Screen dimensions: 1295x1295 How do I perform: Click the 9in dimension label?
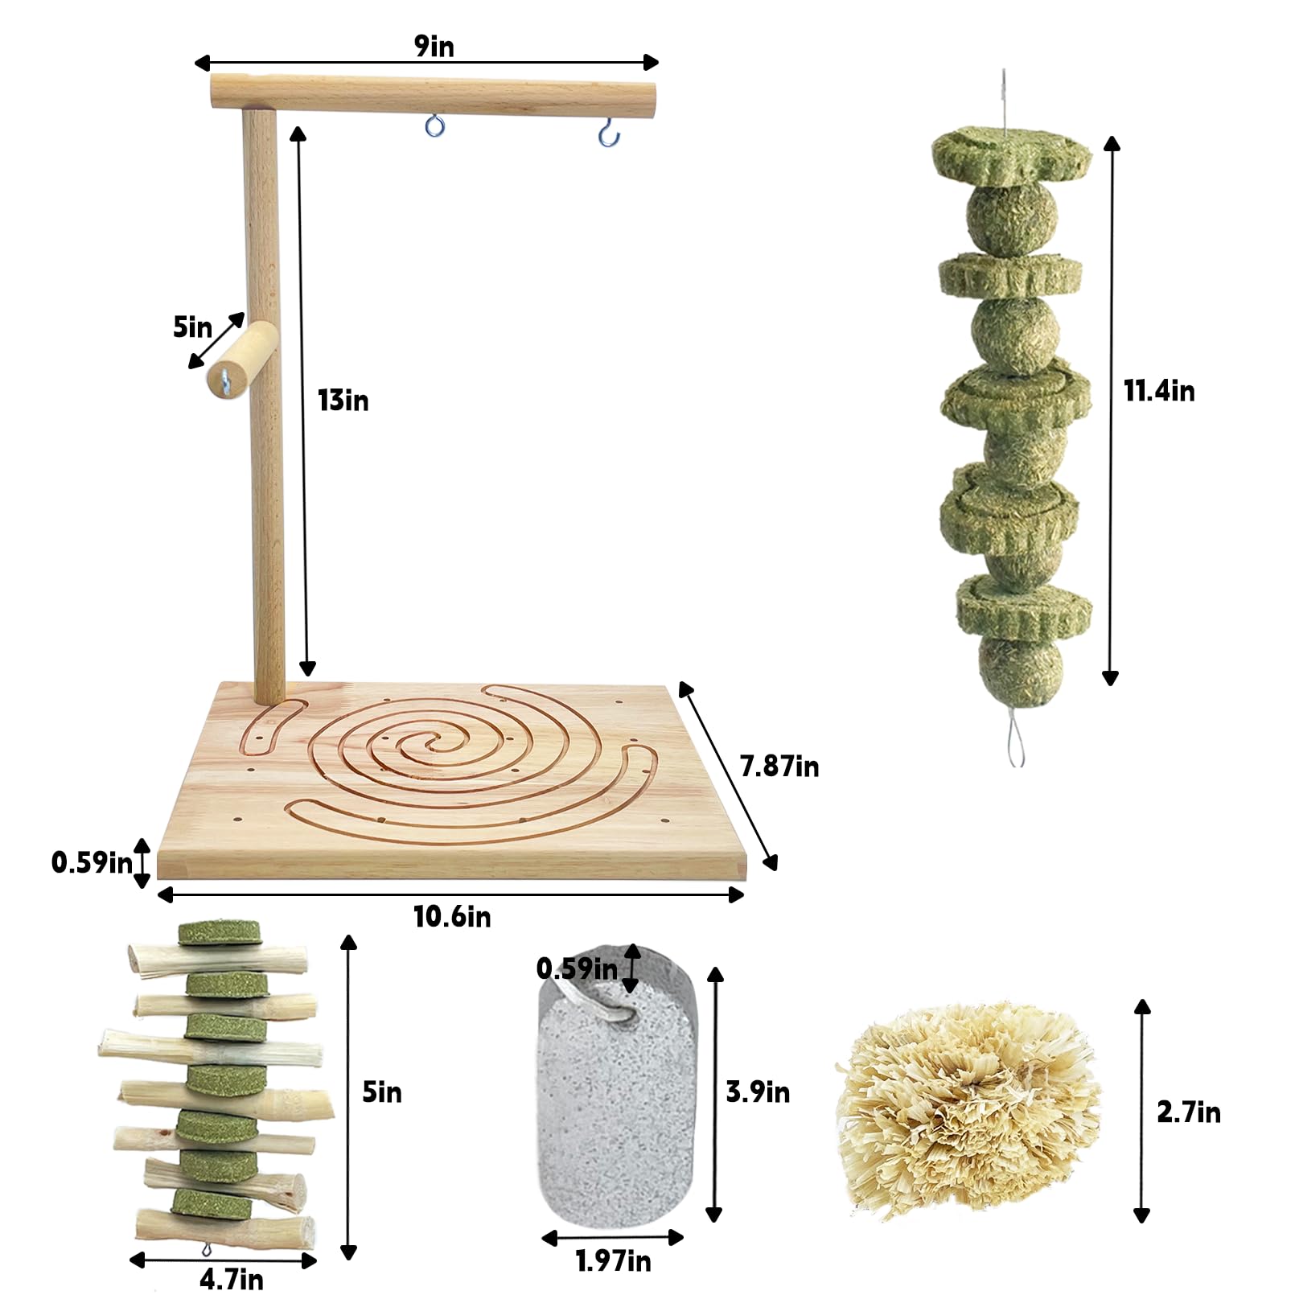tap(434, 47)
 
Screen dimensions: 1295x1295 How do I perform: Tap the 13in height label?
tap(343, 401)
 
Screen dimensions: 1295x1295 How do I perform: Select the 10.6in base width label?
tap(452, 916)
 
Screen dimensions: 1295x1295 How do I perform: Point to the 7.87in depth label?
tap(779, 767)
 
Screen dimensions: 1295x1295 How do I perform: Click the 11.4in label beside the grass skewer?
tap(1159, 391)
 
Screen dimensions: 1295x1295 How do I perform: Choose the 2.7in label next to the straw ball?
tap(1189, 1112)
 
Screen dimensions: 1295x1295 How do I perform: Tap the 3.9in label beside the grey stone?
tap(758, 1092)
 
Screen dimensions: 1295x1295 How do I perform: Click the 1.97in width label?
tap(613, 1261)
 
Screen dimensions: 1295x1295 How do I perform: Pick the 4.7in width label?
tap(231, 1279)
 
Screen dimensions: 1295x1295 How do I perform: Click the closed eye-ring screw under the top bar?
tap(435, 125)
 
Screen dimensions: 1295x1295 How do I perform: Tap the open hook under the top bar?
tap(609, 132)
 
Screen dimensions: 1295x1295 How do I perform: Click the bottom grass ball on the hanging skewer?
tap(1020, 668)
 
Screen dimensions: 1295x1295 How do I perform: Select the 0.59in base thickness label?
tap(92, 862)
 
